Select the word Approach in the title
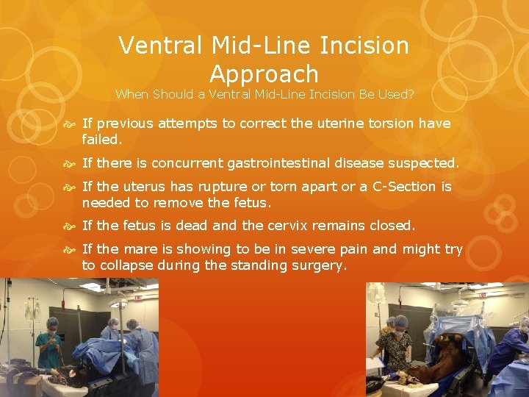click(x=264, y=74)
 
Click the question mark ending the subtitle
click(x=411, y=94)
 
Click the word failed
click(x=102, y=137)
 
